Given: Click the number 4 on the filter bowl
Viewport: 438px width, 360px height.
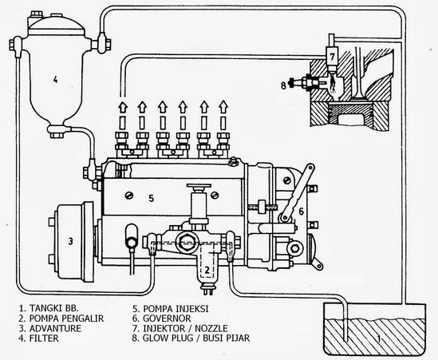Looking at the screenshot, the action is pos(55,80).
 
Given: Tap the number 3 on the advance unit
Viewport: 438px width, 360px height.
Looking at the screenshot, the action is pos(71,241).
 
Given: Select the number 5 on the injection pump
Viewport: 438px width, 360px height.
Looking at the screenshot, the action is pos(151,199).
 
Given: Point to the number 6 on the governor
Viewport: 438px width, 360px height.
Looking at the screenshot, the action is pos(301,212).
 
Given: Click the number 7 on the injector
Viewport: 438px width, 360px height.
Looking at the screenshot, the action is pos(332,57).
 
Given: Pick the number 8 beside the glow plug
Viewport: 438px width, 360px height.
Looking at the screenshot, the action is pos(283,85).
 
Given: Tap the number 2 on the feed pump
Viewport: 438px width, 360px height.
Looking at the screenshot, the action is pos(207,270).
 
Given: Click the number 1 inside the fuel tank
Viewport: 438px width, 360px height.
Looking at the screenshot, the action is pos(379,338).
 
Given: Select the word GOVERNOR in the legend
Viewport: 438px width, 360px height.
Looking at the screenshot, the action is pos(167,318).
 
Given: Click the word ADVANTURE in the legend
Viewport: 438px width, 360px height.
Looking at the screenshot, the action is pos(55,328).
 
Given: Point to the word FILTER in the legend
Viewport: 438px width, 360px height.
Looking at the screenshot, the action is pos(44,338).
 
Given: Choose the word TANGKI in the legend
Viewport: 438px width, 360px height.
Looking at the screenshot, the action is pos(45,308).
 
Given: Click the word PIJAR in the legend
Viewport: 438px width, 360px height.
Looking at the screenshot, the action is pos(238,338).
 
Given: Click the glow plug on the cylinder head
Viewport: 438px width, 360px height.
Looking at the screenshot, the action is pos(306,82).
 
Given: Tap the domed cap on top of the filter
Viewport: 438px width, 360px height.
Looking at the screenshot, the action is pos(56,26).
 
